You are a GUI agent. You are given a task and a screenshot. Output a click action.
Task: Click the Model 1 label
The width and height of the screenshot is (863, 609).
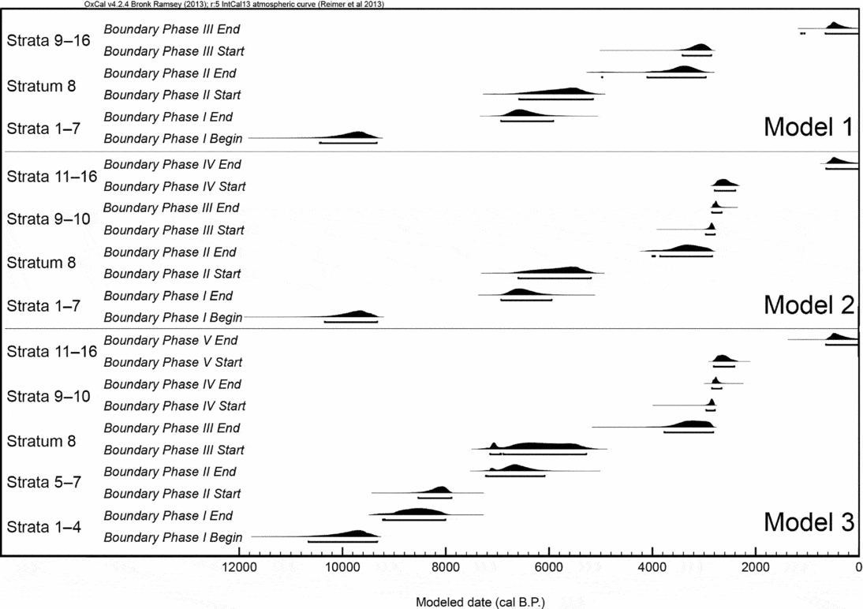808,127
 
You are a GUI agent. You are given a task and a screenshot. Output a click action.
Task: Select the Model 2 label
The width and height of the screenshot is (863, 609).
808,304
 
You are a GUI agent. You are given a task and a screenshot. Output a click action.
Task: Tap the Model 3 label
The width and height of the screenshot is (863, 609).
808,522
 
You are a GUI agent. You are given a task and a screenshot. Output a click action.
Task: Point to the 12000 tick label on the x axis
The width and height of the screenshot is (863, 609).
238,566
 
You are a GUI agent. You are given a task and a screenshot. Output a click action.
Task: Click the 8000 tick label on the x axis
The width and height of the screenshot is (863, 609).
445,566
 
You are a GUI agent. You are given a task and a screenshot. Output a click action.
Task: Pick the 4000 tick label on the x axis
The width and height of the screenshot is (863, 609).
652,566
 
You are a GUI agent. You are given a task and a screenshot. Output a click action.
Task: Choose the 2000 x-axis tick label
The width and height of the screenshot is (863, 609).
755,566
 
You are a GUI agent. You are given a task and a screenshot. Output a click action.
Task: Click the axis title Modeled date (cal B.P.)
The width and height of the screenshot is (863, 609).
480,602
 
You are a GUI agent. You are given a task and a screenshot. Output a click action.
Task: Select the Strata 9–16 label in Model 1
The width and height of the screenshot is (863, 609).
49,40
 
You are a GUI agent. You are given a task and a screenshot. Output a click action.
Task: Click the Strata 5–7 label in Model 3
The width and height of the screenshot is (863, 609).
44,481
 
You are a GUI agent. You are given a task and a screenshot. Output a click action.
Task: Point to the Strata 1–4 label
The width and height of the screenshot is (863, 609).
44,525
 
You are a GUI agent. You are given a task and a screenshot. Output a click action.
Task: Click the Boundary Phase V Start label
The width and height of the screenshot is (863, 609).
174,362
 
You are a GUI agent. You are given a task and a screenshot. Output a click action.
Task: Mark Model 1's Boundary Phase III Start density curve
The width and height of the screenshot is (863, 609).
700,48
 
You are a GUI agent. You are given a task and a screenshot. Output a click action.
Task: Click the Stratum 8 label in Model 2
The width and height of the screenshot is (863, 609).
41,263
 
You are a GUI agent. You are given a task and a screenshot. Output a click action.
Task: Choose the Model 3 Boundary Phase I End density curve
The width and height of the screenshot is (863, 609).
418,511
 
